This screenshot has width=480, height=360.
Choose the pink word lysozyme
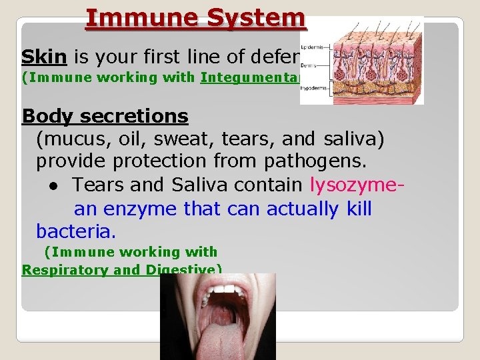click(x=355, y=185)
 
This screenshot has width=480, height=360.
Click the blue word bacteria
click(x=76, y=232)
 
